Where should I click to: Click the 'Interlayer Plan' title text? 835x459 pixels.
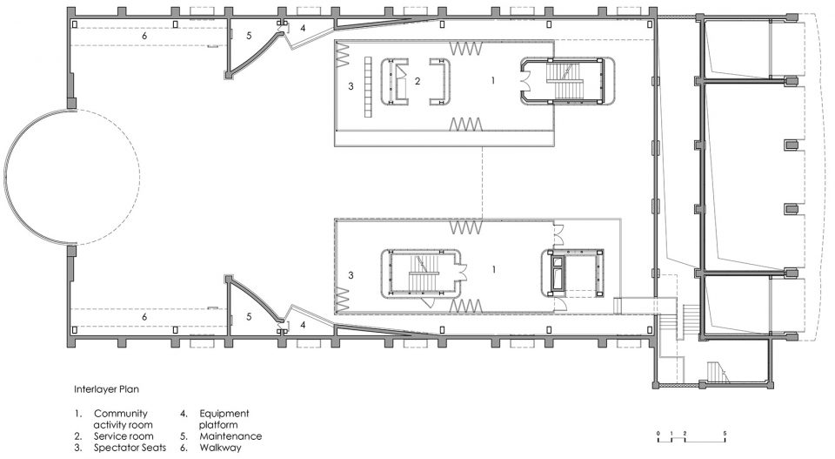coord(106,389)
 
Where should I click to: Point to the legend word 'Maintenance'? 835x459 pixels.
coord(230,436)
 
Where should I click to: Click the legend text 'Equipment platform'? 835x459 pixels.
coord(224,419)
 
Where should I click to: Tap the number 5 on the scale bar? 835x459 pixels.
coord(725,433)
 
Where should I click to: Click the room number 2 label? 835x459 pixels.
coord(417,82)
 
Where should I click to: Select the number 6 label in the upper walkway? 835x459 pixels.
coord(144,36)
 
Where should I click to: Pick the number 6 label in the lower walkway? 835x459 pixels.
coord(144,317)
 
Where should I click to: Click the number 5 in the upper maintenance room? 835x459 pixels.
coord(249,36)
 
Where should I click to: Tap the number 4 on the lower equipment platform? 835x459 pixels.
coord(303,324)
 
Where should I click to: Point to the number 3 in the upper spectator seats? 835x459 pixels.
coord(351,86)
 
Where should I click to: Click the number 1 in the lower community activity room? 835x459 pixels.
coord(494,269)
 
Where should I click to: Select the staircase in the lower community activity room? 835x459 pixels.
coord(423,273)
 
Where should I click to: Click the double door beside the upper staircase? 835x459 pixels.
coord(525,81)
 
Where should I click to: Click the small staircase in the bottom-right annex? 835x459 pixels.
coord(718,372)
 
